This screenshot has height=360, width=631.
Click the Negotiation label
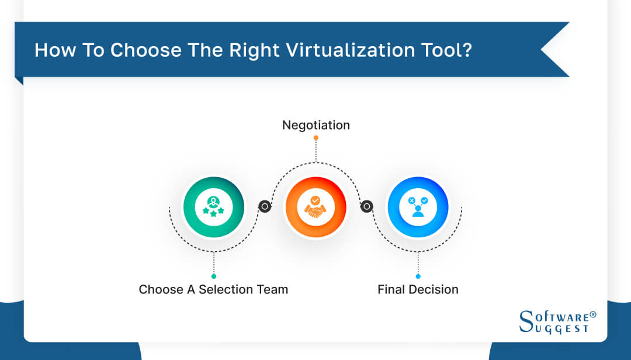click(x=316, y=125)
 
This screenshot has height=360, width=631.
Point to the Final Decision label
click(x=418, y=289)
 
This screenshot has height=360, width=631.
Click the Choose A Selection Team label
click(x=213, y=289)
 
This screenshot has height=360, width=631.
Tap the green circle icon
click(x=213, y=207)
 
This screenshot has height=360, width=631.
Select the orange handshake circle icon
click(x=315, y=207)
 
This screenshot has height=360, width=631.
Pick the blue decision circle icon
click(x=418, y=207)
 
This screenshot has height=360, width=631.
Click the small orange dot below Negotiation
click(x=316, y=138)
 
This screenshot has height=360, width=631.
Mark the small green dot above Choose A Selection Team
click(x=214, y=276)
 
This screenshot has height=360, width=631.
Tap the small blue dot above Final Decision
click(x=418, y=276)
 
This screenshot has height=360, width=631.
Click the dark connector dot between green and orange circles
click(x=265, y=206)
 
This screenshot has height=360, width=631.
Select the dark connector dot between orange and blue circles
click(x=367, y=206)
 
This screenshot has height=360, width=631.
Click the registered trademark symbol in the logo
click(x=593, y=314)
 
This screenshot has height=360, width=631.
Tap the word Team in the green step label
click(x=272, y=289)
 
